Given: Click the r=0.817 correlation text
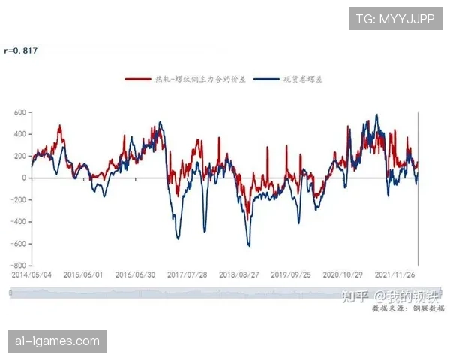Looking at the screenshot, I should click(20, 51).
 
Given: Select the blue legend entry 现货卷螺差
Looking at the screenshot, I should click(286, 79).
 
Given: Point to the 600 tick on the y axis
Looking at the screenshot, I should click(20, 112).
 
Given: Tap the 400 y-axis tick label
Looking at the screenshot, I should click(20, 134).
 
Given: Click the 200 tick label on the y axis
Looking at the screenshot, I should click(20, 156).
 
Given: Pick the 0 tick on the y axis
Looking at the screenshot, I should click(24, 178).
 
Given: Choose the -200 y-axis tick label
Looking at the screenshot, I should click(19, 200).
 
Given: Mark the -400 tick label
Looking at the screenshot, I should click(19, 222).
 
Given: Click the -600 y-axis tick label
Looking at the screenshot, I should click(19, 244).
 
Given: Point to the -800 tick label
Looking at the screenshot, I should click(19, 265).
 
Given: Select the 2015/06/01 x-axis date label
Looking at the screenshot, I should click(83, 274).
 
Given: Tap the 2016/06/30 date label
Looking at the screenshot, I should click(135, 274).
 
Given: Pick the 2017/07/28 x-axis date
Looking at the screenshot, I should click(187, 274).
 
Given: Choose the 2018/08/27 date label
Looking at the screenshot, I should click(239, 274).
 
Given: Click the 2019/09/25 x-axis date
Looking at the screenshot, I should click(291, 274).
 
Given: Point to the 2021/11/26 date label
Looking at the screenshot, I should click(394, 274).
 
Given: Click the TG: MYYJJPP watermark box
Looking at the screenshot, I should click(394, 18).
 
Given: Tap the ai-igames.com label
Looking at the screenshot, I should click(57, 341).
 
